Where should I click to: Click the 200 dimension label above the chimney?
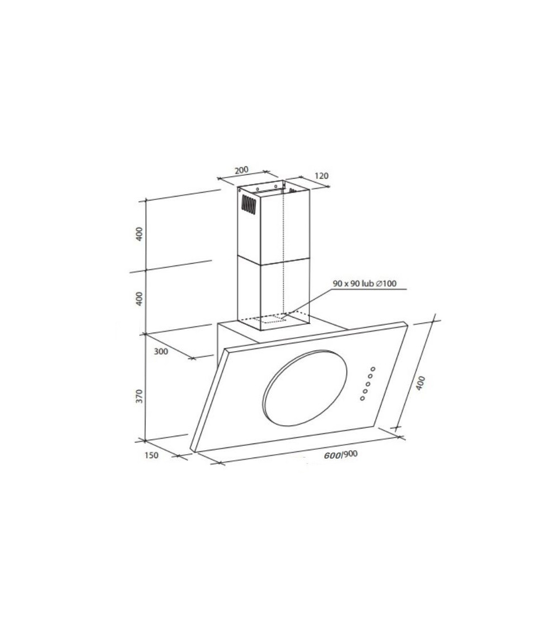tap(241, 170)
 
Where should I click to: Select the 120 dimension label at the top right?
tap(321, 176)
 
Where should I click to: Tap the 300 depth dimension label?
tap(161, 352)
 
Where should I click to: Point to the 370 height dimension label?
tap(139, 396)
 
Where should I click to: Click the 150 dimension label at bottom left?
tap(151, 456)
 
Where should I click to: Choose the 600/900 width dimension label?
tap(340, 455)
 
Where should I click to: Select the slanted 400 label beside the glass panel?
tap(420, 383)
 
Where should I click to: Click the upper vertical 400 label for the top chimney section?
tap(139, 234)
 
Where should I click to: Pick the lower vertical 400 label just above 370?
tap(139, 299)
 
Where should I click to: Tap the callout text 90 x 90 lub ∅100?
tap(365, 283)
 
